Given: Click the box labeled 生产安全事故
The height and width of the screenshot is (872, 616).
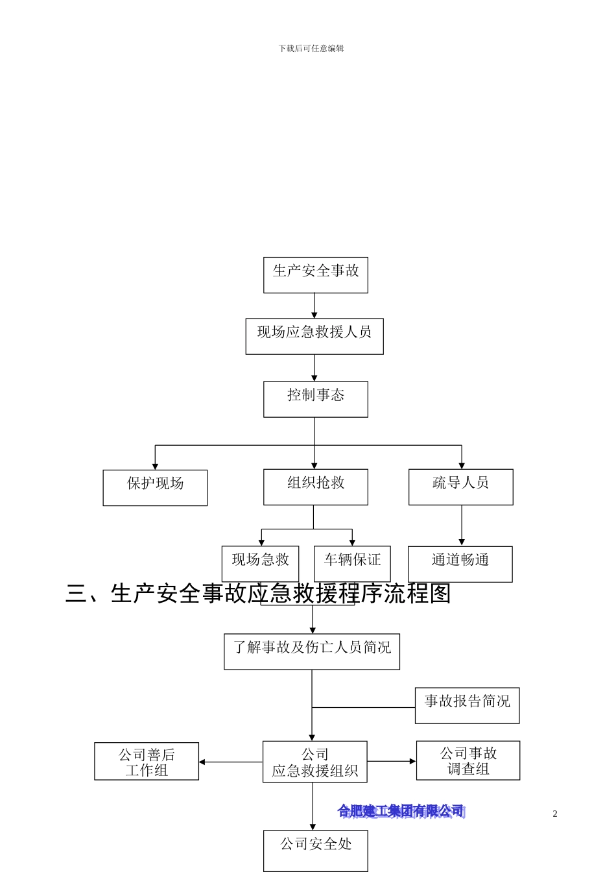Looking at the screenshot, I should (x=315, y=274).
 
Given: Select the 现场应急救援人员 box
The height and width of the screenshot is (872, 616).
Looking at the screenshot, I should (x=314, y=336).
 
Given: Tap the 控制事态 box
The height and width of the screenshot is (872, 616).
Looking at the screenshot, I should (x=315, y=399).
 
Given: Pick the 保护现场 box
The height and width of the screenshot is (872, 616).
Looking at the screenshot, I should (x=155, y=487).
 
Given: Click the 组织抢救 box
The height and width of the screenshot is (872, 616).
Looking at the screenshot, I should (x=315, y=487).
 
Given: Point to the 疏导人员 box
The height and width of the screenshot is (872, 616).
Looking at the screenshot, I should (x=460, y=487).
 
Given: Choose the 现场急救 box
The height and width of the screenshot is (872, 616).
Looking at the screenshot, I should (x=260, y=563).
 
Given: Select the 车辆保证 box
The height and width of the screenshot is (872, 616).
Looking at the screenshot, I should (x=352, y=563).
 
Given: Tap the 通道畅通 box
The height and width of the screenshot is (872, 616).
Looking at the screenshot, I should (x=460, y=563).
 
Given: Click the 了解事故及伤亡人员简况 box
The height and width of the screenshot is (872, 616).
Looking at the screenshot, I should (x=312, y=651).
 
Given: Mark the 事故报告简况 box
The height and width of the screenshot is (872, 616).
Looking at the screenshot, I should (x=467, y=705).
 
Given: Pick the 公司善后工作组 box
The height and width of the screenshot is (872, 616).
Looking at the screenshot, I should (x=147, y=761).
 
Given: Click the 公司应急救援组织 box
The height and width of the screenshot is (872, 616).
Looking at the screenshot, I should (x=314, y=762).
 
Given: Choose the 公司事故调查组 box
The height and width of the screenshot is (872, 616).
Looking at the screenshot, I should (x=468, y=760).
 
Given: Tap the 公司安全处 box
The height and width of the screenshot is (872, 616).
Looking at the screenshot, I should (x=315, y=850).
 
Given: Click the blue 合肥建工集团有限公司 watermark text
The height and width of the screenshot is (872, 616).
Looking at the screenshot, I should (x=401, y=811).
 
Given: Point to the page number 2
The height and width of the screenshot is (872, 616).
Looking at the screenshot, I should (x=555, y=814).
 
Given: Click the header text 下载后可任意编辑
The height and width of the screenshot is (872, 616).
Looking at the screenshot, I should (x=311, y=49).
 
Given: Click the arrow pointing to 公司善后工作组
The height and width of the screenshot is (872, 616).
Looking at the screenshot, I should (x=230, y=762).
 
